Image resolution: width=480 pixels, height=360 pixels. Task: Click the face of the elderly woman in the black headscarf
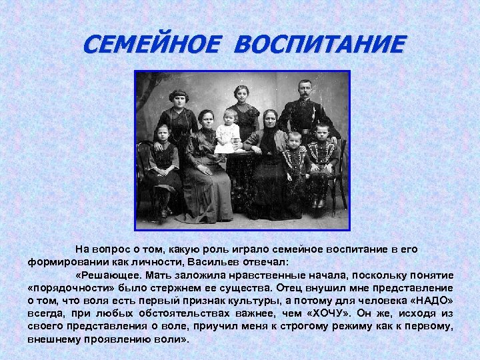click(269, 119)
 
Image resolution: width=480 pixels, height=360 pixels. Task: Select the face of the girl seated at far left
click(162, 133)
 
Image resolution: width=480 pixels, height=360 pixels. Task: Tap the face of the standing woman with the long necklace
click(179, 99)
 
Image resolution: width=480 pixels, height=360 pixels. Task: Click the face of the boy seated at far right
click(322, 131)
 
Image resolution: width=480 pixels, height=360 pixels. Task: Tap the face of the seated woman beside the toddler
click(206, 120)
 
